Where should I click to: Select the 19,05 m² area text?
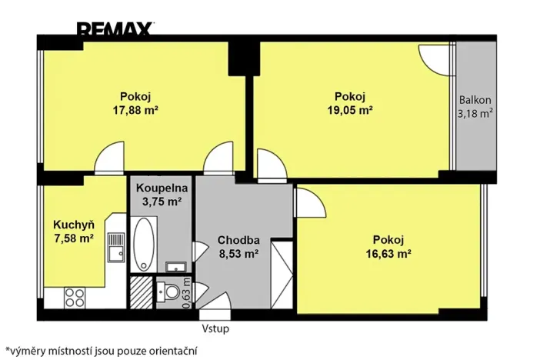349,109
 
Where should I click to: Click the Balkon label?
475,100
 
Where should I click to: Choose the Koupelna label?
158,188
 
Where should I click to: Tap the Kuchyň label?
73,225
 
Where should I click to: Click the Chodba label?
237,238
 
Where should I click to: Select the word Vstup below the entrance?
215,328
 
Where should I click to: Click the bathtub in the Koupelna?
143,242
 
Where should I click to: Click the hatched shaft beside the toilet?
140,292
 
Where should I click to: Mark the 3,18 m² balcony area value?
475,114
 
